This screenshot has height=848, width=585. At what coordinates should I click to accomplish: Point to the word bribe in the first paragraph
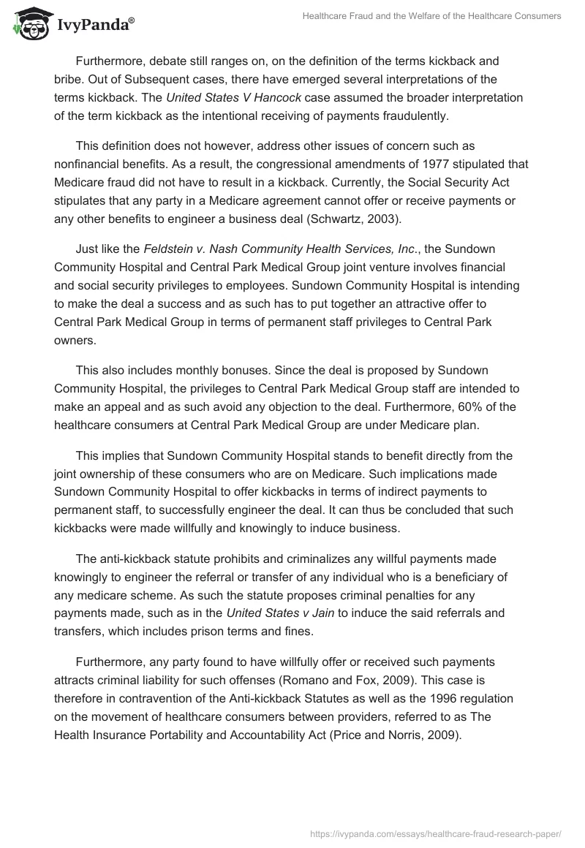[x=68, y=80]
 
